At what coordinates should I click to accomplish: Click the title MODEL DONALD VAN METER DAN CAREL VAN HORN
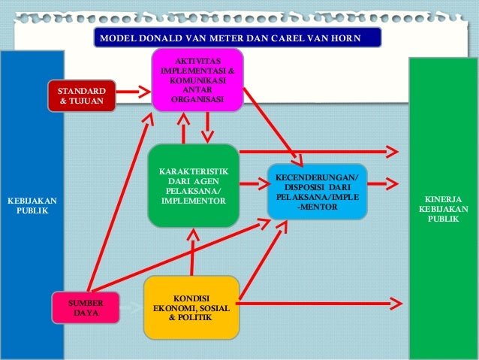(237, 38)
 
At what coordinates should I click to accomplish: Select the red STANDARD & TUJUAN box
(82, 95)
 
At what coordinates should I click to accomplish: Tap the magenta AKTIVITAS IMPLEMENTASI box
(197, 80)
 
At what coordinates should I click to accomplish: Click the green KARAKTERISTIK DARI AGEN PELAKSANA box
(193, 186)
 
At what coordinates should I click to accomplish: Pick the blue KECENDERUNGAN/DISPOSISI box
(317, 192)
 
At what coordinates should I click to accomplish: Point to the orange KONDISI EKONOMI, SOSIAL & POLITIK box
(191, 307)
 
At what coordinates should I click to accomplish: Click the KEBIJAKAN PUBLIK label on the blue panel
(32, 206)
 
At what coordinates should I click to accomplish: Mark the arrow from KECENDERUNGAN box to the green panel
(384, 183)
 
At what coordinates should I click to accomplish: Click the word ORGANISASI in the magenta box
(197, 99)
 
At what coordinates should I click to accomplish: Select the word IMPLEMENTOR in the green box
(193, 201)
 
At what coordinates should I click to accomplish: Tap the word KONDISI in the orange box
(191, 297)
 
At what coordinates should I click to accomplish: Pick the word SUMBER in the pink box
(86, 303)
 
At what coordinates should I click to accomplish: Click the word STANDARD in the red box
(82, 90)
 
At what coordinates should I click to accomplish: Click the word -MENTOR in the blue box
(317, 207)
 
